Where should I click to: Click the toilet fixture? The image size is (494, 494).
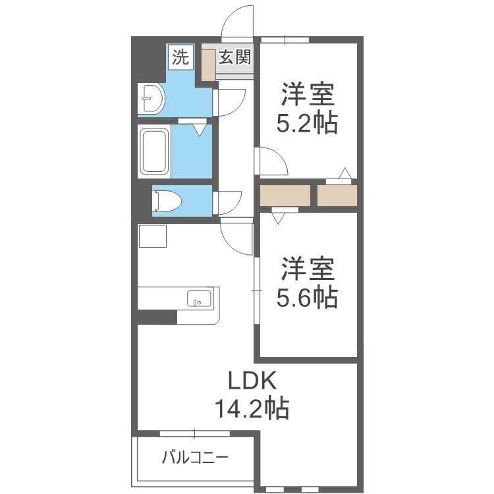(x=167, y=200)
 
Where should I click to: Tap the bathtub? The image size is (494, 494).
(x=154, y=151)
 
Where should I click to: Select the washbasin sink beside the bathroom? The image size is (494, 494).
(x=151, y=98)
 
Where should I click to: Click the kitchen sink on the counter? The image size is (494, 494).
(x=199, y=298)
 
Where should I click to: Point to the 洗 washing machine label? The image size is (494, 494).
(x=180, y=58)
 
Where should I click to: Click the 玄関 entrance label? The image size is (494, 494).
(x=235, y=57)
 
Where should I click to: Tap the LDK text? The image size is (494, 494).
(x=252, y=381)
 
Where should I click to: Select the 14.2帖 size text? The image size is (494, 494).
(x=252, y=408)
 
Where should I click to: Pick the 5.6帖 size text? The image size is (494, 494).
(x=307, y=297)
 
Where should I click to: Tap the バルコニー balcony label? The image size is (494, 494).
(x=194, y=458)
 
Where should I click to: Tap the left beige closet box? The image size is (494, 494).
(x=285, y=196)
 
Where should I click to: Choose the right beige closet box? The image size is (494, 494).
(x=337, y=196)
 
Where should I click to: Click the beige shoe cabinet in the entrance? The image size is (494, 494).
(x=208, y=65)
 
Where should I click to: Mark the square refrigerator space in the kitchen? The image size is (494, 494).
(x=153, y=236)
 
